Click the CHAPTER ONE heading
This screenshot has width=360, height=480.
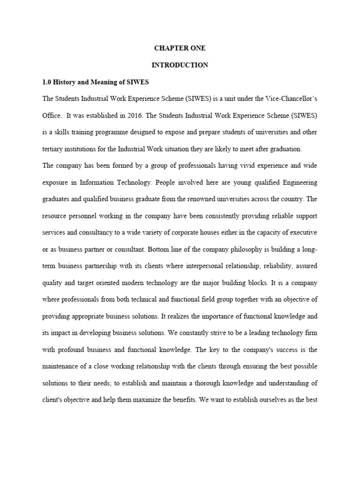coord(180,48)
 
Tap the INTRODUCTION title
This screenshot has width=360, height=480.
coord(180,65)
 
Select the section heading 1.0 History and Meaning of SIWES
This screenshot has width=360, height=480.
coord(95,82)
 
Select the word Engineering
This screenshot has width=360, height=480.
coord(297,182)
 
